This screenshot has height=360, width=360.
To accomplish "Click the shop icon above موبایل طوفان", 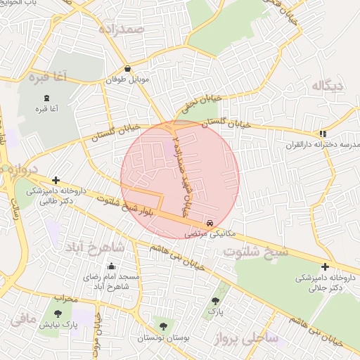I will pyautogui.click(x=127, y=69).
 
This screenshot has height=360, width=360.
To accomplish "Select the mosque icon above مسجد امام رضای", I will pyautogui.click(x=111, y=266).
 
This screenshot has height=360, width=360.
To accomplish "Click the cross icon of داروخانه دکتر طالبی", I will pyautogui.click(x=56, y=181).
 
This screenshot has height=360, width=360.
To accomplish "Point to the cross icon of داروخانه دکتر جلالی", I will pyautogui.click(x=325, y=266).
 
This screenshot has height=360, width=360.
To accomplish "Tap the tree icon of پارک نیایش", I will pyautogui.click(x=58, y=314).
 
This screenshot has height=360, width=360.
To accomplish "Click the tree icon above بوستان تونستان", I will pyautogui.click(x=163, y=326).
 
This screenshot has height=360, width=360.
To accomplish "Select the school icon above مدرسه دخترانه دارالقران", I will pyautogui.click(x=323, y=133).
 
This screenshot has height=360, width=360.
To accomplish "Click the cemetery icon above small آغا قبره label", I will pyautogui.click(x=47, y=96).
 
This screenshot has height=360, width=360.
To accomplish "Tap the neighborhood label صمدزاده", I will pyautogui.click(x=121, y=30).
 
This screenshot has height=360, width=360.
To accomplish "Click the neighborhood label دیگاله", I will pyautogui.click(x=328, y=86).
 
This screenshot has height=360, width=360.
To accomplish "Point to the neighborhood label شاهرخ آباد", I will pyautogui.click(x=117, y=247).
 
